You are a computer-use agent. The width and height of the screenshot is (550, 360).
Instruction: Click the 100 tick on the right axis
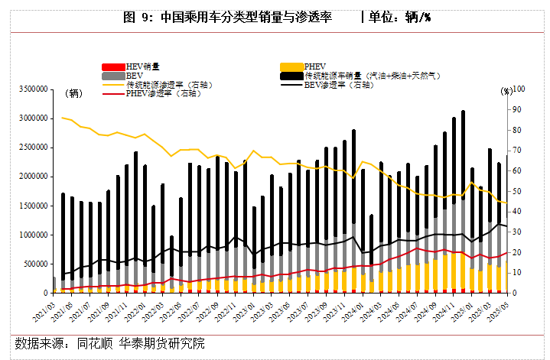(519, 89)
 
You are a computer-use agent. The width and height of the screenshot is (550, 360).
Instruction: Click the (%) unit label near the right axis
(506, 91)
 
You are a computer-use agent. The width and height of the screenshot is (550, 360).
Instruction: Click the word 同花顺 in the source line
(94, 343)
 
